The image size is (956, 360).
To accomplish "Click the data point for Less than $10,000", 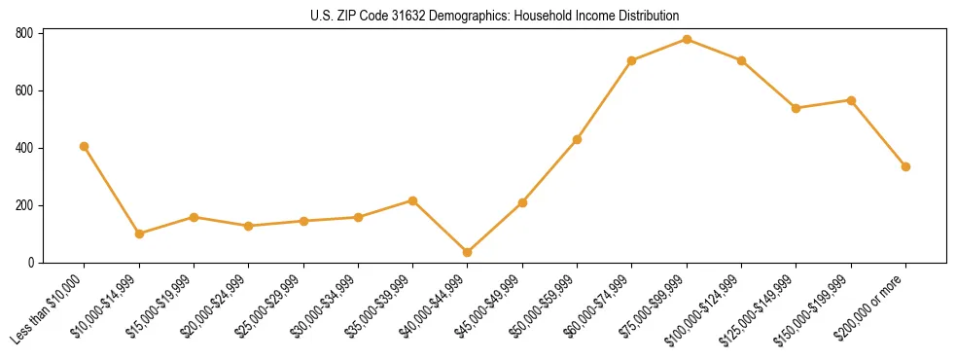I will pyautogui.click(x=85, y=146).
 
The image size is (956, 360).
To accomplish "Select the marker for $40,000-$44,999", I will pyautogui.click(x=468, y=252).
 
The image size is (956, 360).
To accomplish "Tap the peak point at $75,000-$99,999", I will pyautogui.click(x=687, y=39).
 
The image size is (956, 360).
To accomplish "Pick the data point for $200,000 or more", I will pyautogui.click(x=905, y=166).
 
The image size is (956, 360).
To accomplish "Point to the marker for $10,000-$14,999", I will pyautogui.click(x=139, y=234).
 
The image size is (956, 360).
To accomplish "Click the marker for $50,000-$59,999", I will pyautogui.click(x=578, y=139).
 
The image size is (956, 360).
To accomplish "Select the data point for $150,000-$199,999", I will pyautogui.click(x=851, y=100).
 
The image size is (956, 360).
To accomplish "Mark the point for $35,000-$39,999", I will pyautogui.click(x=413, y=200).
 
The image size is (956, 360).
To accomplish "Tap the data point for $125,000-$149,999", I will pyautogui.click(x=797, y=108).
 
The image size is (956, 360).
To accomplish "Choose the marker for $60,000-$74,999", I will pyautogui.click(x=632, y=60).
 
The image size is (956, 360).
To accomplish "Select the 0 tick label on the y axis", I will pyautogui.click(x=31, y=263).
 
